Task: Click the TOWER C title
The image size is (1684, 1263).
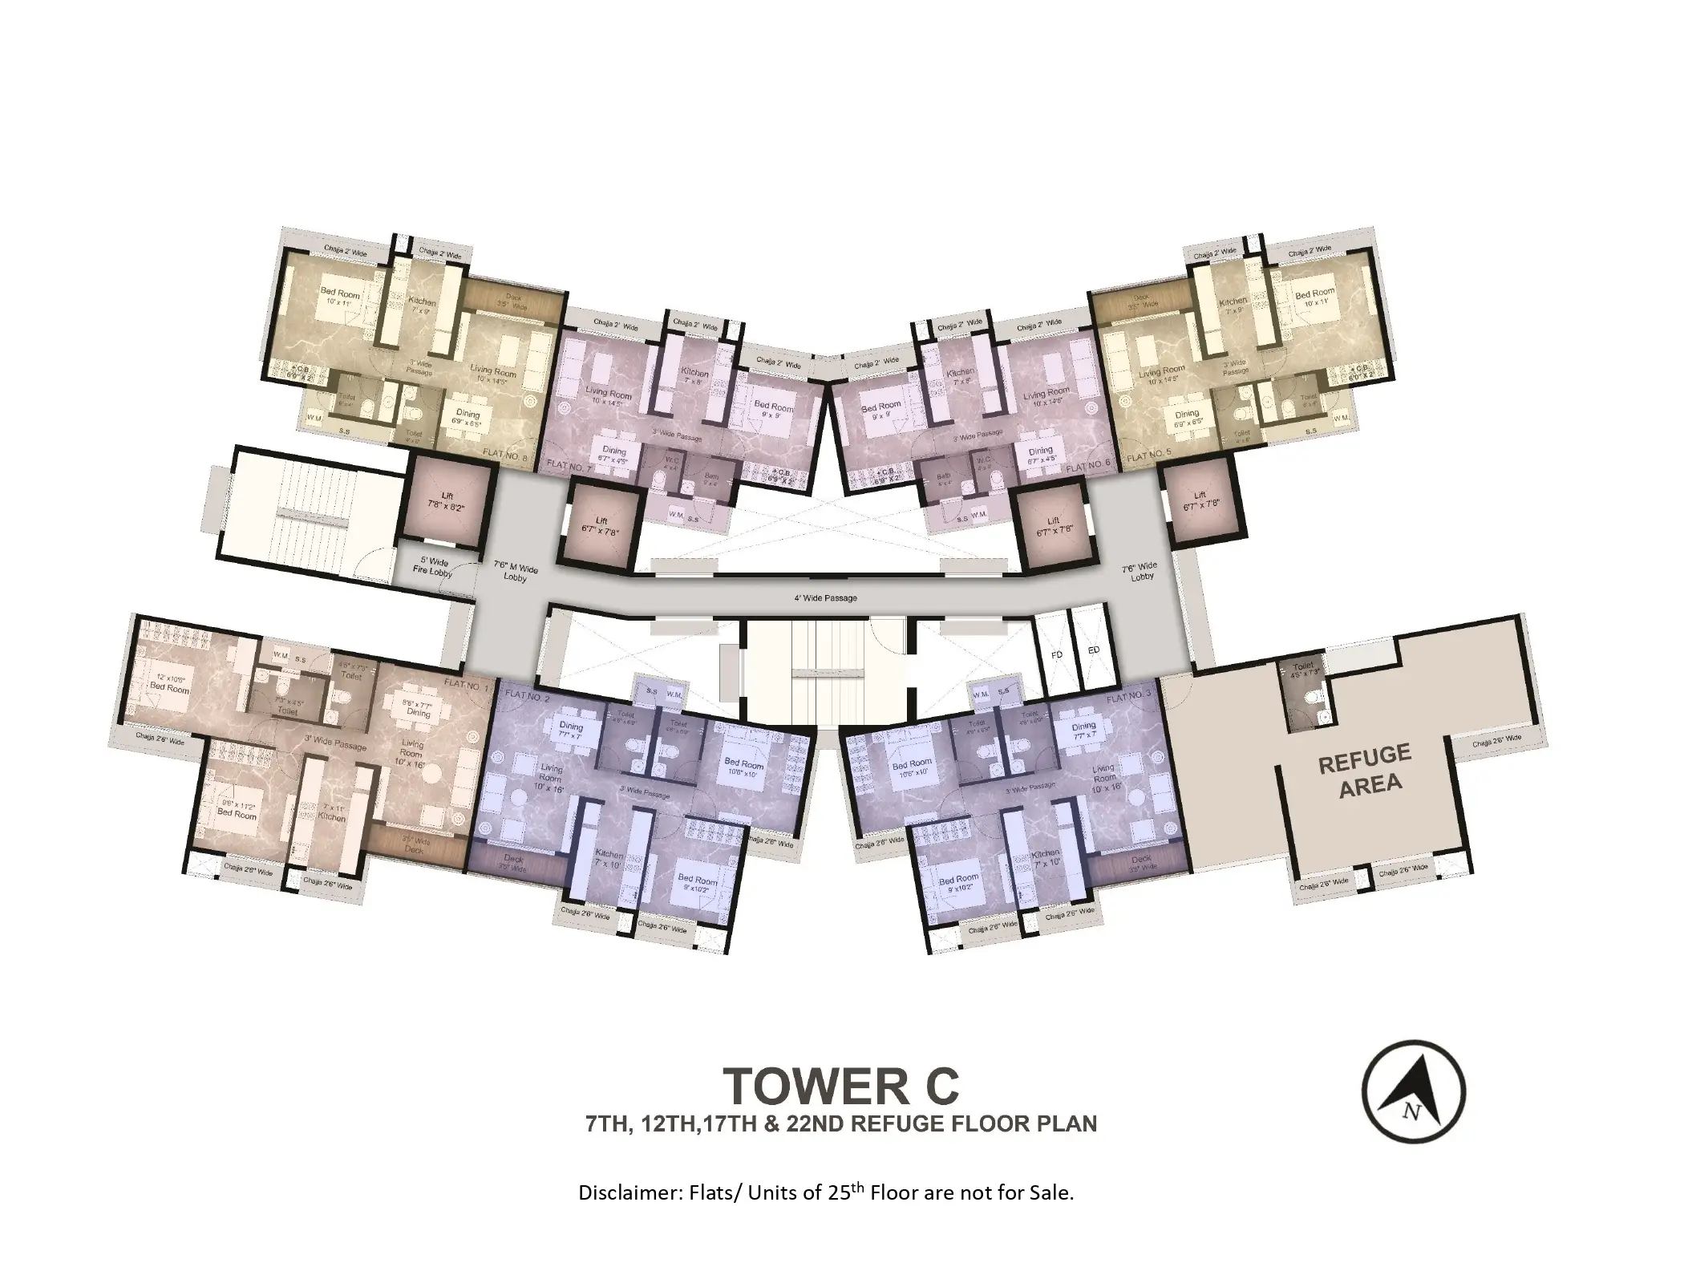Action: pos(841,1085)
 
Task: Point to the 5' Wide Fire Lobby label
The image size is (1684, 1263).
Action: pos(433,567)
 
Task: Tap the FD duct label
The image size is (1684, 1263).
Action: pos(1056,654)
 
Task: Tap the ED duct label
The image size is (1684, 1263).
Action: pos(1093,650)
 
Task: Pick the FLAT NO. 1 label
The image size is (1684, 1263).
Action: pos(465,686)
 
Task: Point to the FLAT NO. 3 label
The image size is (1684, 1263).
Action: pos(1128,698)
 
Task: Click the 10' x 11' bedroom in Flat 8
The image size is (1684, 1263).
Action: pos(339,298)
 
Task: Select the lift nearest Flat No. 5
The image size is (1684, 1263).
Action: pos(1200,500)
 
